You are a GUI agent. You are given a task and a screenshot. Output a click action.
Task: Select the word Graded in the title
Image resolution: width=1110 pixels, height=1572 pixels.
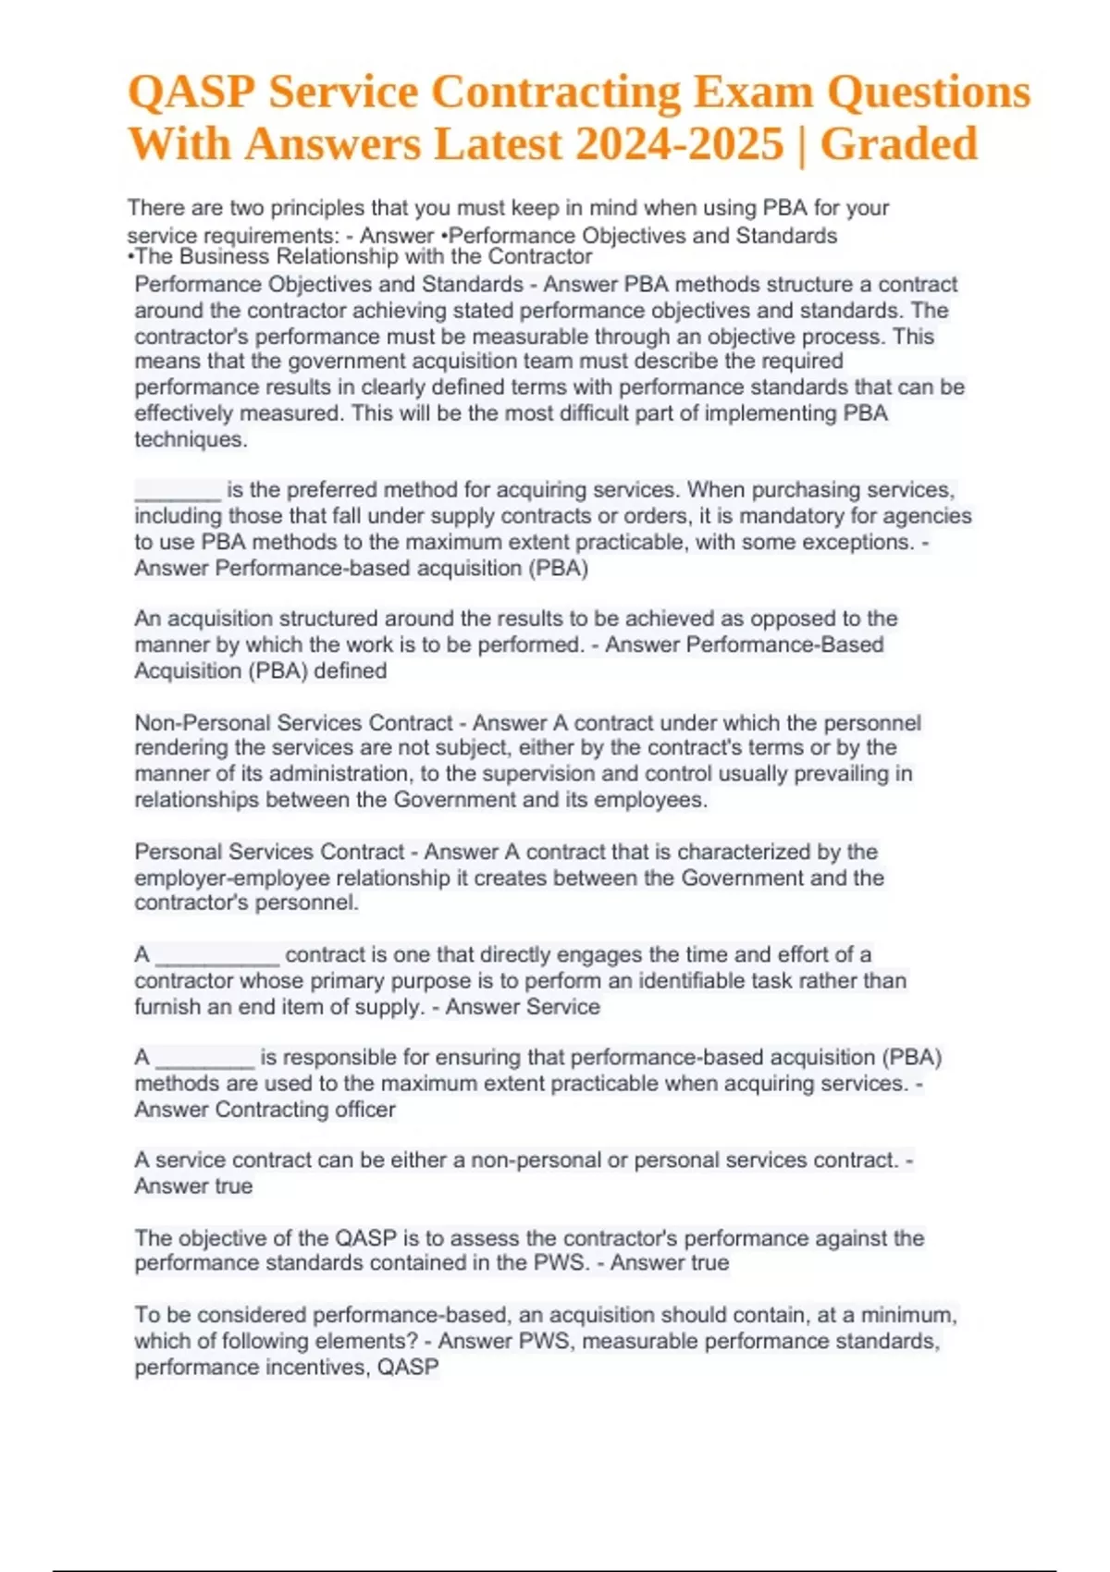[x=898, y=144]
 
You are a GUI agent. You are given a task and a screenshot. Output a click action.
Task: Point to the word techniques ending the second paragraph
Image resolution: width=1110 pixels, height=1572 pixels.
[x=191, y=439]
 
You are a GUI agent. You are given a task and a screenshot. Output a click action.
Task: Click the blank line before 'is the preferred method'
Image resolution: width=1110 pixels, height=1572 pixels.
[x=178, y=490]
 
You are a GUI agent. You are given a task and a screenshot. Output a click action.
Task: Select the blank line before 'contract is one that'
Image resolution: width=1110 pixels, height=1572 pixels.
[x=217, y=955]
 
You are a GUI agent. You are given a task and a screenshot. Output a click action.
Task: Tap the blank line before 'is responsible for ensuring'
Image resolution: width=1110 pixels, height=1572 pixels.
[x=204, y=1058]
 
